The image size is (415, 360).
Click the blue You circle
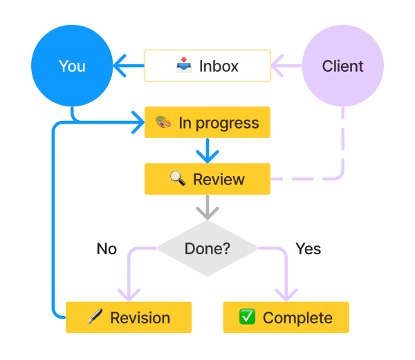tap(72, 66)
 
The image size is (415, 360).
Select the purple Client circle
tap(342, 66)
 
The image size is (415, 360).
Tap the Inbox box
tap(207, 66)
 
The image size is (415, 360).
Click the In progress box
tap(207, 123)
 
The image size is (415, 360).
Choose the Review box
tap(207, 179)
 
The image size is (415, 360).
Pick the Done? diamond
tap(207, 248)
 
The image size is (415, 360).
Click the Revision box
tap(129, 318)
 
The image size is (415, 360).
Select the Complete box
tap(286, 318)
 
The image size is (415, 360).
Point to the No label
tap(107, 249)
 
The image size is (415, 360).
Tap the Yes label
tap(308, 248)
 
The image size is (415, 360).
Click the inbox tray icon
tap(183, 66)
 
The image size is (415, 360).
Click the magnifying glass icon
tap(178, 179)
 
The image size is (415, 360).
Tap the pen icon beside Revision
tap(95, 318)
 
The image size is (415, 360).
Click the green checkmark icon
tap(247, 317)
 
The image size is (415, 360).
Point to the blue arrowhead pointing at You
tap(120, 66)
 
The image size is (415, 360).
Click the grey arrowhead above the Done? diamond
tap(207, 211)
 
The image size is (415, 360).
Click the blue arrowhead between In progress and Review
tap(207, 153)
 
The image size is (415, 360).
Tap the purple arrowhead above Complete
tap(286, 293)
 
